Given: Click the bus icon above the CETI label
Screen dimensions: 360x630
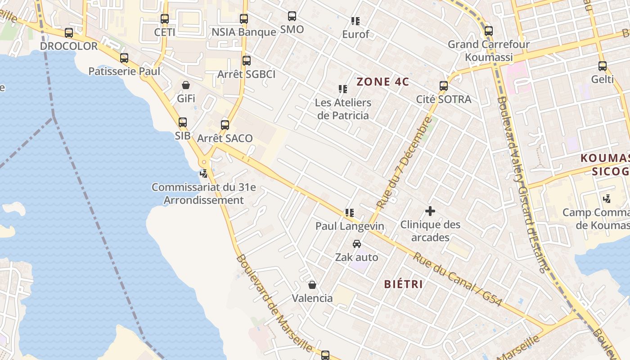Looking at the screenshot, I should [x=165, y=19].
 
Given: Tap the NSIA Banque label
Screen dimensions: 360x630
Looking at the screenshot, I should [x=244, y=32].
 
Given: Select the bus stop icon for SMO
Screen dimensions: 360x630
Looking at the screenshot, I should [x=292, y=16].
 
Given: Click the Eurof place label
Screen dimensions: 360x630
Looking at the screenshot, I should [x=355, y=34].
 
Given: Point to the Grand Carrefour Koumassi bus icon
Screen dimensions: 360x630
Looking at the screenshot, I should [x=489, y=31].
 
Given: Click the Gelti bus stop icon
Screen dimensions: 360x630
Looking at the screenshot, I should [x=603, y=66].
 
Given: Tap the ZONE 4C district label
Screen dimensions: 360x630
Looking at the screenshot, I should [x=382, y=82].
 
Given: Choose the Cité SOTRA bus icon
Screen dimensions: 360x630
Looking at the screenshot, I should [x=444, y=86].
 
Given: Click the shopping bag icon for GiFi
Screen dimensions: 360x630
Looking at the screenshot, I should [x=186, y=85].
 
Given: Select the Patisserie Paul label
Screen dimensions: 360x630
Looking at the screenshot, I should [x=124, y=71].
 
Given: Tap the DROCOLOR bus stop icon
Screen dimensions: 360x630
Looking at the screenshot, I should [x=69, y=33].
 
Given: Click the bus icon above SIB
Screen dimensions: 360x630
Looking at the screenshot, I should [x=183, y=122].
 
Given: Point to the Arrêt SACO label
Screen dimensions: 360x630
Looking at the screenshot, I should [x=225, y=138].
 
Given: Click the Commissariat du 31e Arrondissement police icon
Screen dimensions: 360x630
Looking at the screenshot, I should [x=204, y=173].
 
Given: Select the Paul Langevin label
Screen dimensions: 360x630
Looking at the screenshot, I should [x=350, y=226].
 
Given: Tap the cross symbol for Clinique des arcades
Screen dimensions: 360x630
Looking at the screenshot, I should [x=430, y=211].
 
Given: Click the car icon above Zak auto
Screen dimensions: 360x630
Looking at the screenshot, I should [x=357, y=244].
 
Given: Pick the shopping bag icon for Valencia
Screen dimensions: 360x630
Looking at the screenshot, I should [x=312, y=285].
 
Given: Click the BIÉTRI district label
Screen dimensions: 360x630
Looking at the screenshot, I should [x=403, y=284].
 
